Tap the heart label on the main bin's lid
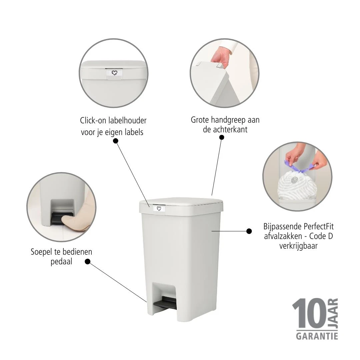coord(159,209)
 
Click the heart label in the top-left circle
coord(114,73)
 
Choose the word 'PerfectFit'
coord(319,226)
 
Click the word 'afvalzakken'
coord(283,236)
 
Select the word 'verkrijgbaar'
coord(298,246)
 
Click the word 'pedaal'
coord(61,262)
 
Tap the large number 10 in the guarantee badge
coord(309,313)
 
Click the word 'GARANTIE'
coord(317,336)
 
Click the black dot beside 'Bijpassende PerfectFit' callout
coord(249,231)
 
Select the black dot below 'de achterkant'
coord(222,137)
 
